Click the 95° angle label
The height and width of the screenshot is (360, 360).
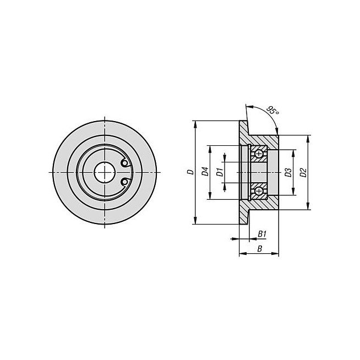(273, 111)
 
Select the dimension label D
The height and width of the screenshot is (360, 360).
(190, 172)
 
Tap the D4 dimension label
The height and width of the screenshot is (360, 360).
(205, 172)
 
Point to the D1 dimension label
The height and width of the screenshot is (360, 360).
(220, 172)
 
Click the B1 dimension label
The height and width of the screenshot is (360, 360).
(262, 234)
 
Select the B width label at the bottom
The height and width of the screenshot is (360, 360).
(260, 249)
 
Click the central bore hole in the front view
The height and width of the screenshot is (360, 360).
(105, 172)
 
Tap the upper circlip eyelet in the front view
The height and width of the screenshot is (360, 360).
(124, 163)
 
